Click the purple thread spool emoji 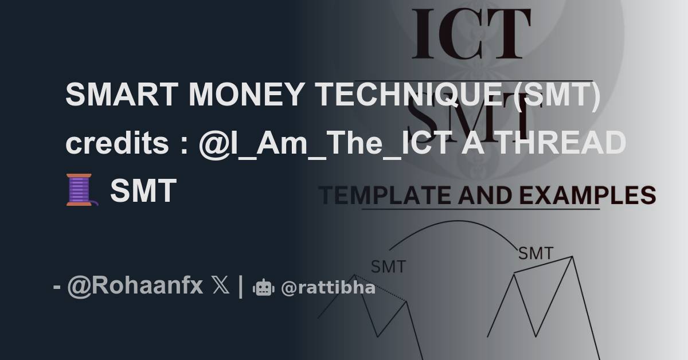(80, 190)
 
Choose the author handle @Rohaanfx (135, 285)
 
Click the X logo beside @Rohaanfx (221, 285)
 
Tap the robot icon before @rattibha (263, 287)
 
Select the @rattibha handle (328, 287)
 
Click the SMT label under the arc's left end (388, 267)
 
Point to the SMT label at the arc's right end (535, 253)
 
